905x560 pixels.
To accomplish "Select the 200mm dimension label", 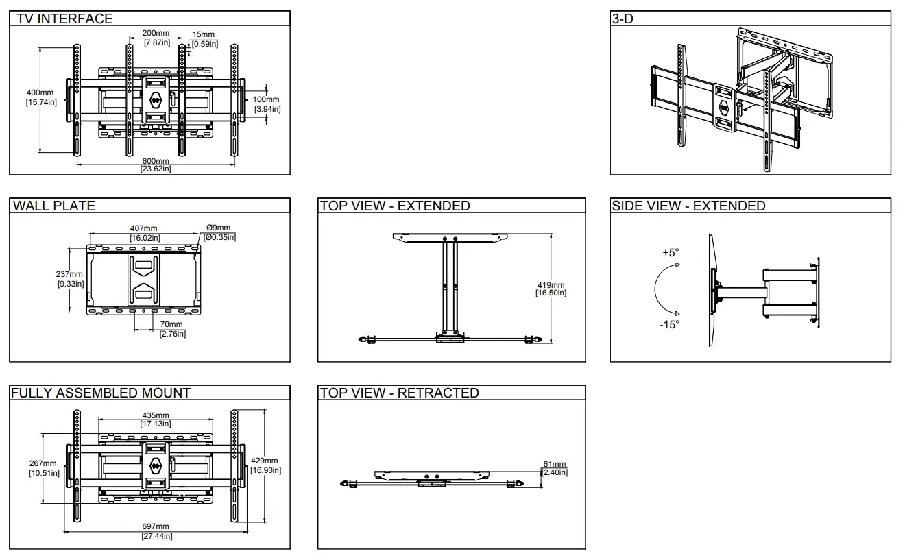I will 156,38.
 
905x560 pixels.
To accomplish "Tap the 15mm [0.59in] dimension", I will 204,39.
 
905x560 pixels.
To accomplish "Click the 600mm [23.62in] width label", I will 156,165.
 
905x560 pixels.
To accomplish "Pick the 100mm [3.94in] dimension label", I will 267,104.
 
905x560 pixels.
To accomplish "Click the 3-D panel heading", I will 623,19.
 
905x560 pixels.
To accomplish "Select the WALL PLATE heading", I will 54,206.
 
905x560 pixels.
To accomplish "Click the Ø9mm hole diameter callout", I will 219,232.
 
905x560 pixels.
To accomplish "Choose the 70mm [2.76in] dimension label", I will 172,329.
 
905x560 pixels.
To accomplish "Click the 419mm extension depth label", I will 551,289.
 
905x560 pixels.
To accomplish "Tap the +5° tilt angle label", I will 670,252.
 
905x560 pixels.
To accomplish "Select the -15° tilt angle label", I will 669,324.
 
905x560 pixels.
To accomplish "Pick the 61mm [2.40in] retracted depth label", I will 555,468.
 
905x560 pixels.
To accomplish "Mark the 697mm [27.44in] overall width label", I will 157,531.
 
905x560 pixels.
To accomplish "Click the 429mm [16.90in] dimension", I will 265,465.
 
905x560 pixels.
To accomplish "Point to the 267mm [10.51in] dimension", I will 43,468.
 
